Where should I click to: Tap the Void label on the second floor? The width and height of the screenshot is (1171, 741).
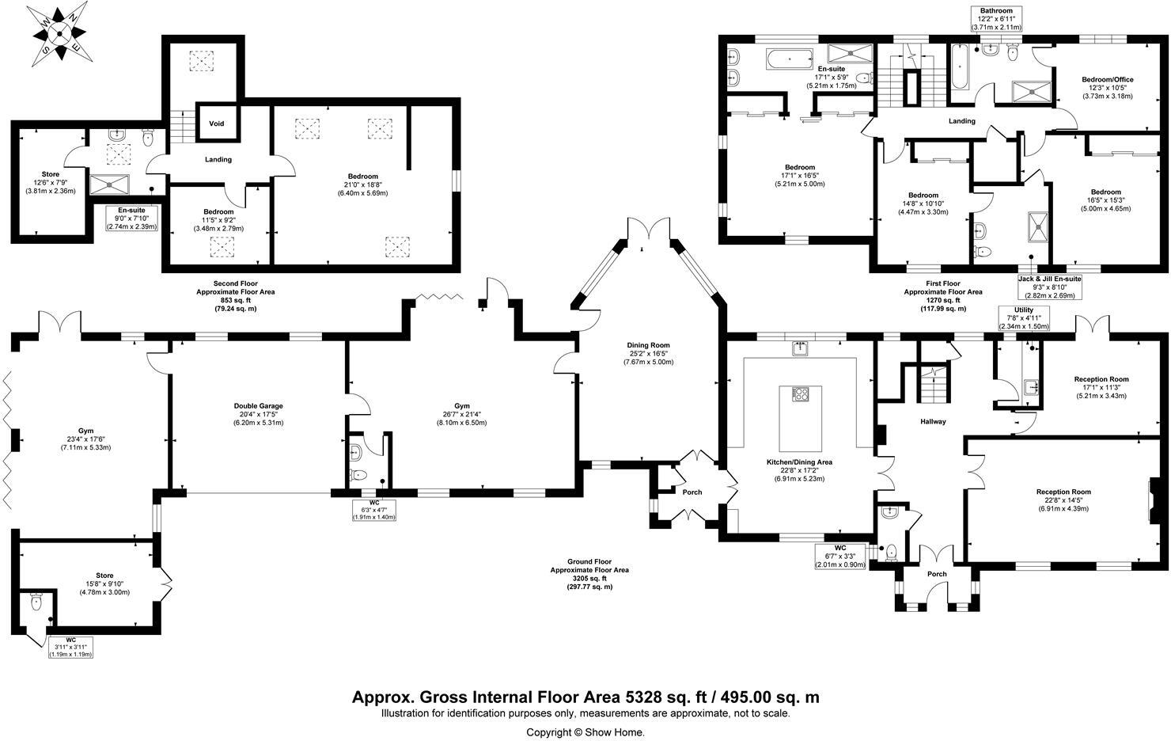(x=216, y=124)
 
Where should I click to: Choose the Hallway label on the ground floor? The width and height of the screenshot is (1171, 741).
(x=933, y=422)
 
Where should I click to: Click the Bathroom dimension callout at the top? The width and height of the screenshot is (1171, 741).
(x=997, y=19)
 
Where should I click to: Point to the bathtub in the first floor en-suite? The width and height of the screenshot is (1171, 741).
(x=790, y=58)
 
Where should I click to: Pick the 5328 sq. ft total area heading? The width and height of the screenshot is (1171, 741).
(x=585, y=697)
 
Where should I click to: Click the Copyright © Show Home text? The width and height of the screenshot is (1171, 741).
(x=585, y=732)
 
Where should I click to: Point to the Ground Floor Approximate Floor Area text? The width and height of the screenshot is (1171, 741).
(x=589, y=574)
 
